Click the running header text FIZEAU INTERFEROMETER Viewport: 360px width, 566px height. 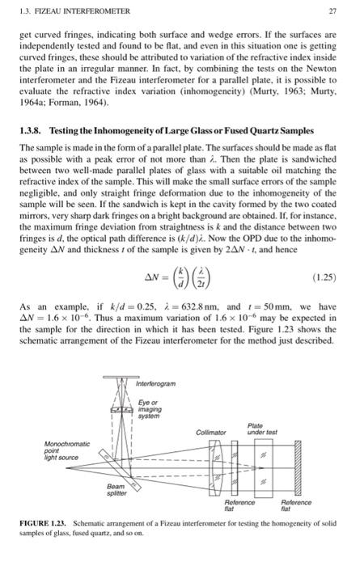[x=60, y=11]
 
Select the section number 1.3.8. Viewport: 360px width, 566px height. [x=32, y=132]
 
